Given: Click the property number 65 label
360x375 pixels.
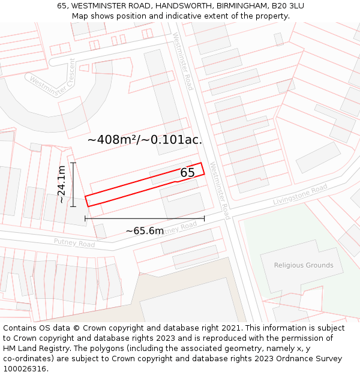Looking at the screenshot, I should [x=187, y=173].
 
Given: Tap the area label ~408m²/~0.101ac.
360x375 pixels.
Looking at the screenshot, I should [x=145, y=140].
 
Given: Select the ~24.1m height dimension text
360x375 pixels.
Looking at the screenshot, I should [x=61, y=185].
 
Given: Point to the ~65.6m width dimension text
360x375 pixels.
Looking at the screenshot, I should [x=145, y=231].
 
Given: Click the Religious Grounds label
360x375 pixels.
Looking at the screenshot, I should [x=303, y=265].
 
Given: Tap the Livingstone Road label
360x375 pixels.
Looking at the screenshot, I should [x=300, y=195].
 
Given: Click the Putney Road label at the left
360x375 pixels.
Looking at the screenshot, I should [x=74, y=244].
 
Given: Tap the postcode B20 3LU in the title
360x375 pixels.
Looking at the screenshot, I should [x=287, y=6].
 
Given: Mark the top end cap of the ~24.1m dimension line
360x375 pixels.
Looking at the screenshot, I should [x=73, y=163].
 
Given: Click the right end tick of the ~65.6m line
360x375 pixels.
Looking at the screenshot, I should [x=204, y=218].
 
